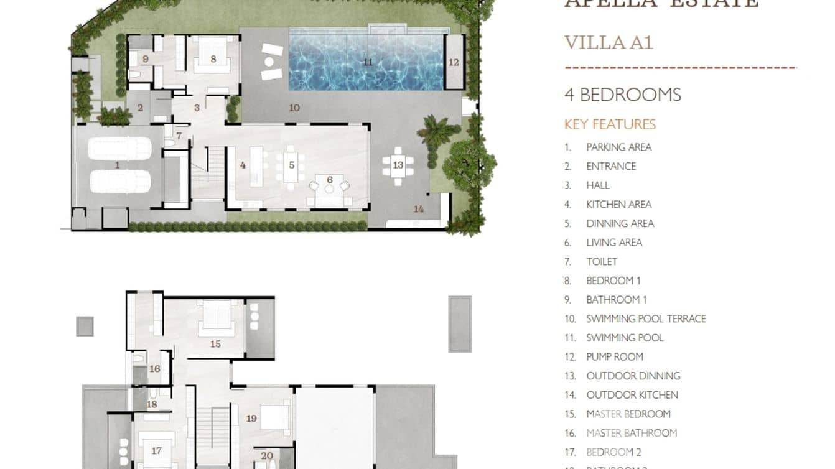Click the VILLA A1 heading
tap(609, 43)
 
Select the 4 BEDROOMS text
tap(622, 95)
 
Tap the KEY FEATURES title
tap(610, 124)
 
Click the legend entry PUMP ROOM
tap(614, 357)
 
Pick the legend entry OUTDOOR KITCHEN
tap(632, 395)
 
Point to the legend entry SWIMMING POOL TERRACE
tap(646, 318)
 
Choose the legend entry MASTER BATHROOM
tap(631, 433)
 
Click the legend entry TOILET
tap(602, 262)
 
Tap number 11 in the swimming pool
tap(368, 62)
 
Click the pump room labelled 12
tap(454, 62)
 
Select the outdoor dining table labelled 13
tap(398, 165)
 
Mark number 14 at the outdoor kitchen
tap(419, 209)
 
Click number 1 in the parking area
tap(118, 165)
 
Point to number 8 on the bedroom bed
tap(213, 59)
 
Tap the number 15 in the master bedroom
tap(215, 343)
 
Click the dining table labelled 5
tap(291, 165)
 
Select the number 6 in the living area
tap(330, 180)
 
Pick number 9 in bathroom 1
tap(145, 59)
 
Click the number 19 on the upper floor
tap(251, 419)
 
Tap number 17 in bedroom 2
tap(156, 451)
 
